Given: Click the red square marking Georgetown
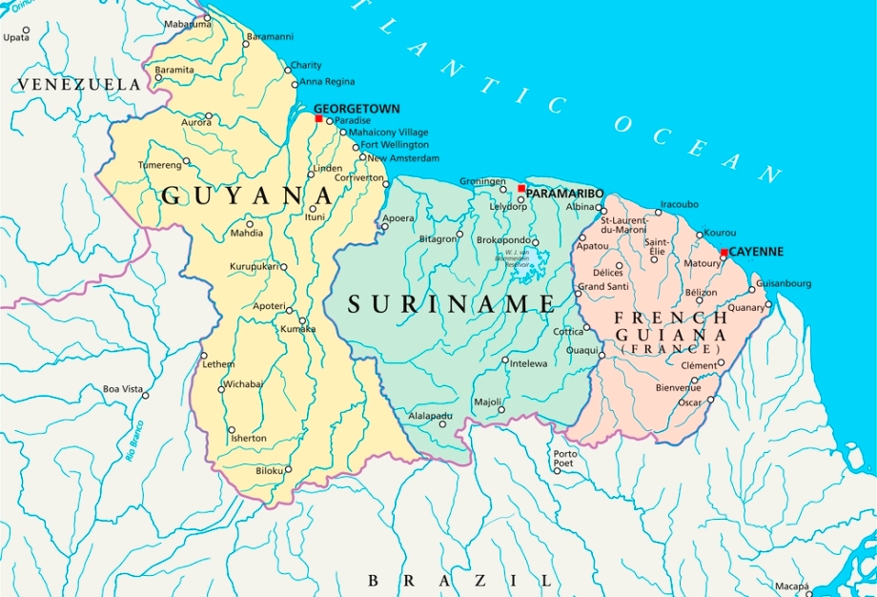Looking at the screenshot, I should tap(318, 119).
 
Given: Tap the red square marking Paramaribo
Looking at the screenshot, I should tap(521, 189).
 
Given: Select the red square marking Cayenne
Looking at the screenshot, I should tap(724, 253).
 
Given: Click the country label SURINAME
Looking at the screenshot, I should tap(451, 305).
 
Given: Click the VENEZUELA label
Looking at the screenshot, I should tap(78, 85).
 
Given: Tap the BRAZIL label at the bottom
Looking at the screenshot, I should tap(459, 580).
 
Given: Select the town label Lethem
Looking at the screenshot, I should tap(217, 365).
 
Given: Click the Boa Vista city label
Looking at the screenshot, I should tap(123, 389).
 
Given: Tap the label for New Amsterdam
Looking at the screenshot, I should tap(404, 157).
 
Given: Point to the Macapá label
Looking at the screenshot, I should tap(791, 585).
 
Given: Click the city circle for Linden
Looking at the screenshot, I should tap(311, 175).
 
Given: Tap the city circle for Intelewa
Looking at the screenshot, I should tap(505, 360).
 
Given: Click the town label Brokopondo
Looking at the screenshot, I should tap(502, 241).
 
